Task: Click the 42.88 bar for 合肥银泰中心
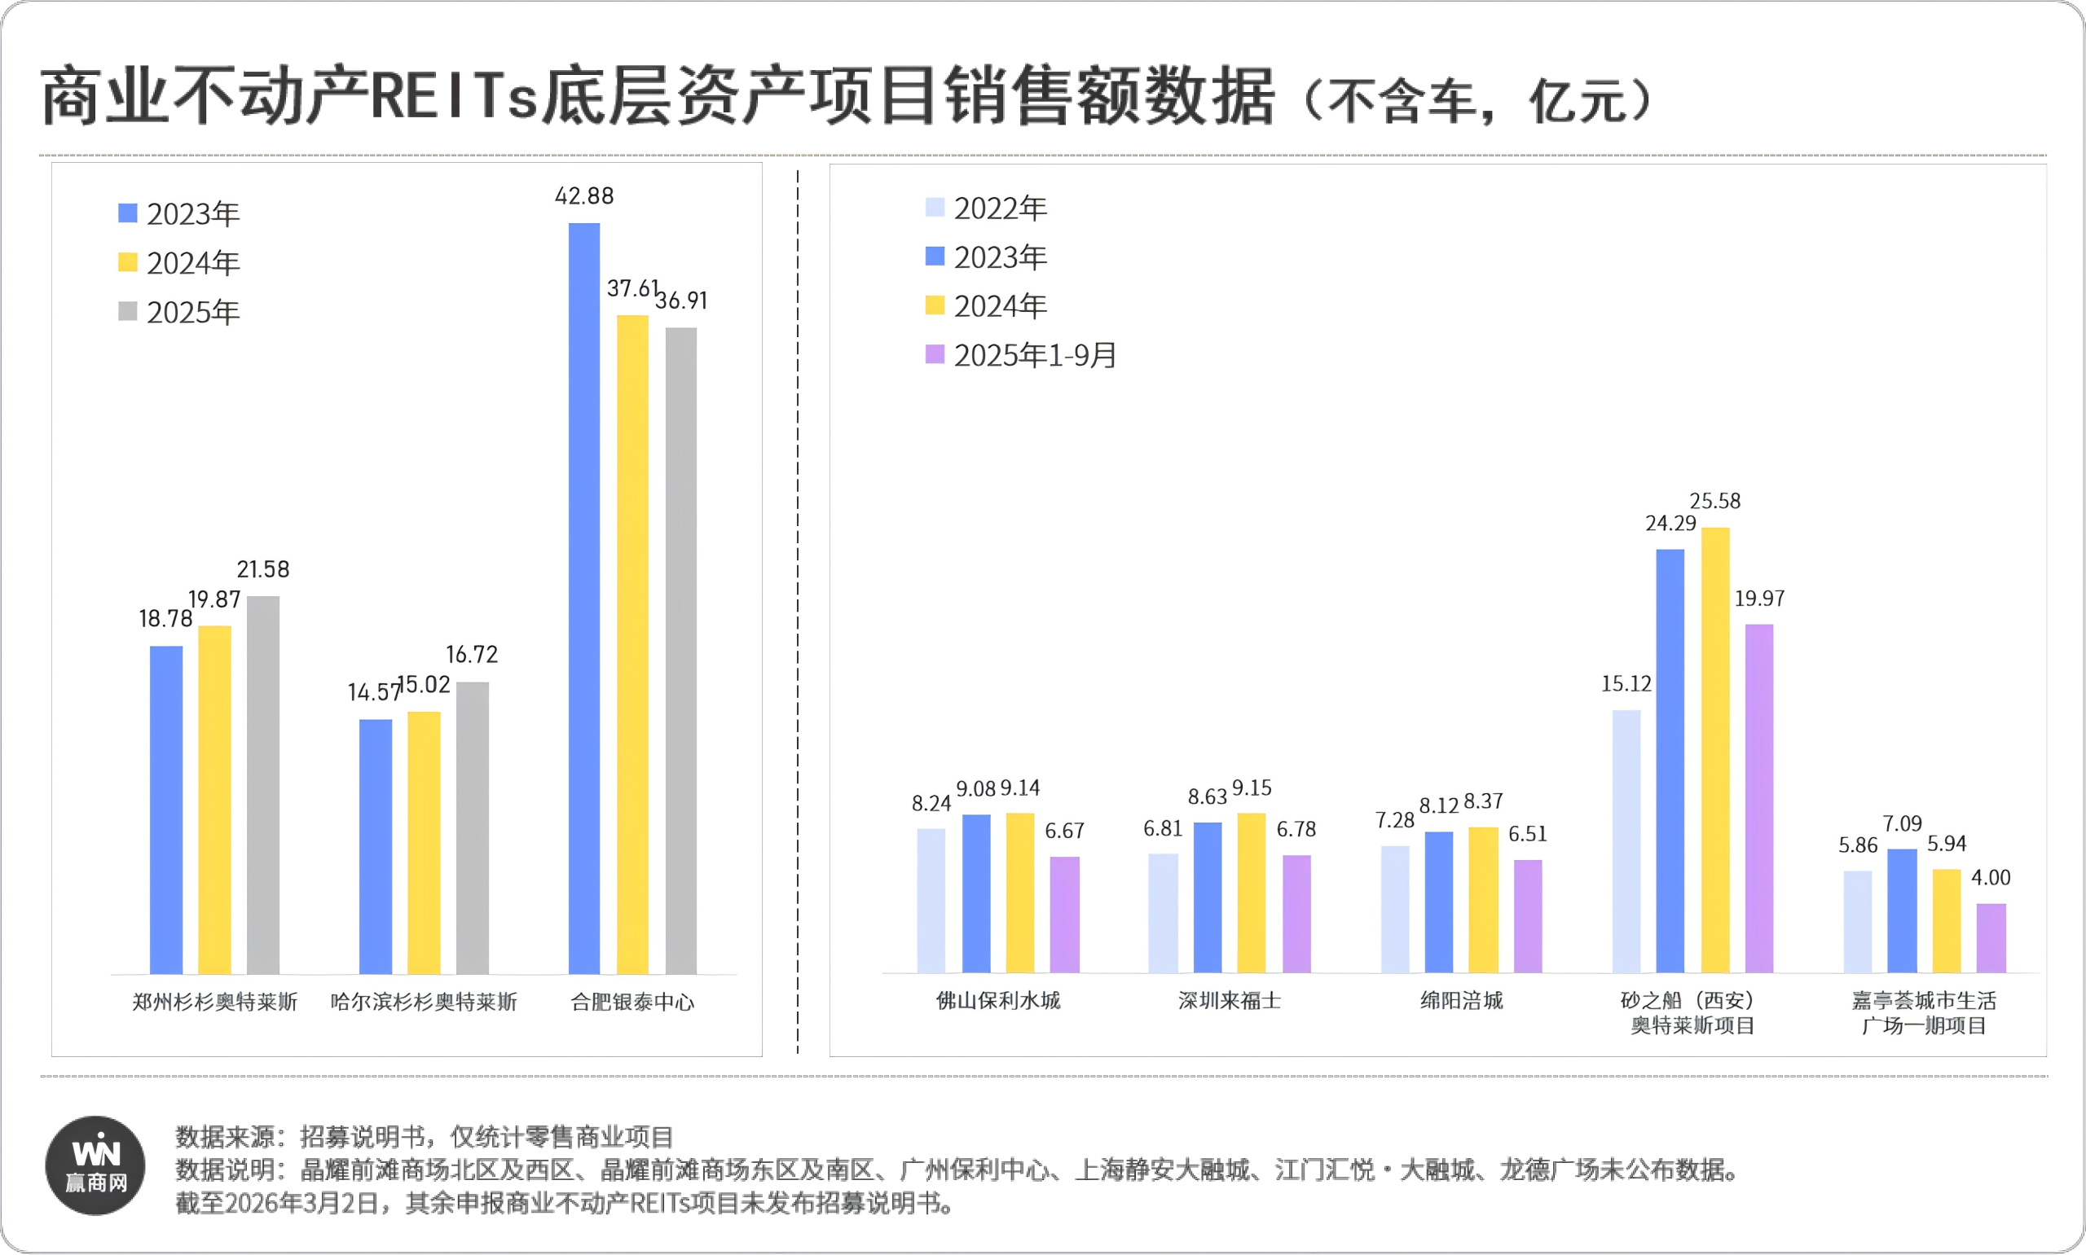coord(583,598)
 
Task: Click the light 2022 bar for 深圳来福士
coord(1163,912)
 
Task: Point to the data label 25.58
coord(1714,501)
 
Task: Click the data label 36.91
coord(681,301)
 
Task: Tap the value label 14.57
coord(373,691)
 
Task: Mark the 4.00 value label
coord(1991,877)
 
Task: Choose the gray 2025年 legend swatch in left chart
coord(128,311)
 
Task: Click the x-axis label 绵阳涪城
coord(1461,1000)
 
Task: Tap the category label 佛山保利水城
coord(998,1000)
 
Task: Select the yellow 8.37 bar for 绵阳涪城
coord(1483,899)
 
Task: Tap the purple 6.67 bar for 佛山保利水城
coord(1064,915)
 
